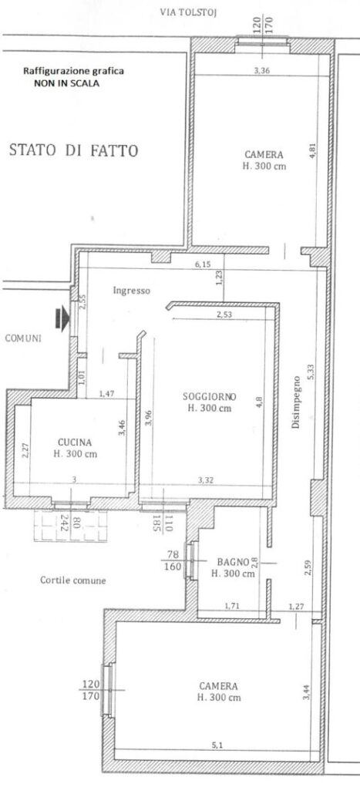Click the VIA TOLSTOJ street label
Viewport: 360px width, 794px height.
pyautogui.click(x=188, y=12)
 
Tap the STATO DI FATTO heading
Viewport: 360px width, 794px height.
pyautogui.click(x=73, y=150)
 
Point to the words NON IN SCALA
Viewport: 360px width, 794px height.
pyautogui.click(x=66, y=84)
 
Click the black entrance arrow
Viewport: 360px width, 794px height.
pyautogui.click(x=62, y=318)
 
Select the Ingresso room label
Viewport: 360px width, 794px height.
pyautogui.click(x=132, y=291)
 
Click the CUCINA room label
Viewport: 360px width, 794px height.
pyautogui.click(x=75, y=442)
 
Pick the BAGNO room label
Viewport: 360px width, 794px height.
pyautogui.click(x=233, y=561)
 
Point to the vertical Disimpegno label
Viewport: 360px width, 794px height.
pyautogui.click(x=296, y=402)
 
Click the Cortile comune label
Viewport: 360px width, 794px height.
pyautogui.click(x=73, y=580)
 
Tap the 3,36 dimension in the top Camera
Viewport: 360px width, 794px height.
pyautogui.click(x=262, y=71)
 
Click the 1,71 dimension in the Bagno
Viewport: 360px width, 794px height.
pyautogui.click(x=232, y=606)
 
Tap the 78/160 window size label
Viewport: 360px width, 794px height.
pyautogui.click(x=173, y=561)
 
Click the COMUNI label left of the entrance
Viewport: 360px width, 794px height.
pyautogui.click(x=23, y=338)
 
